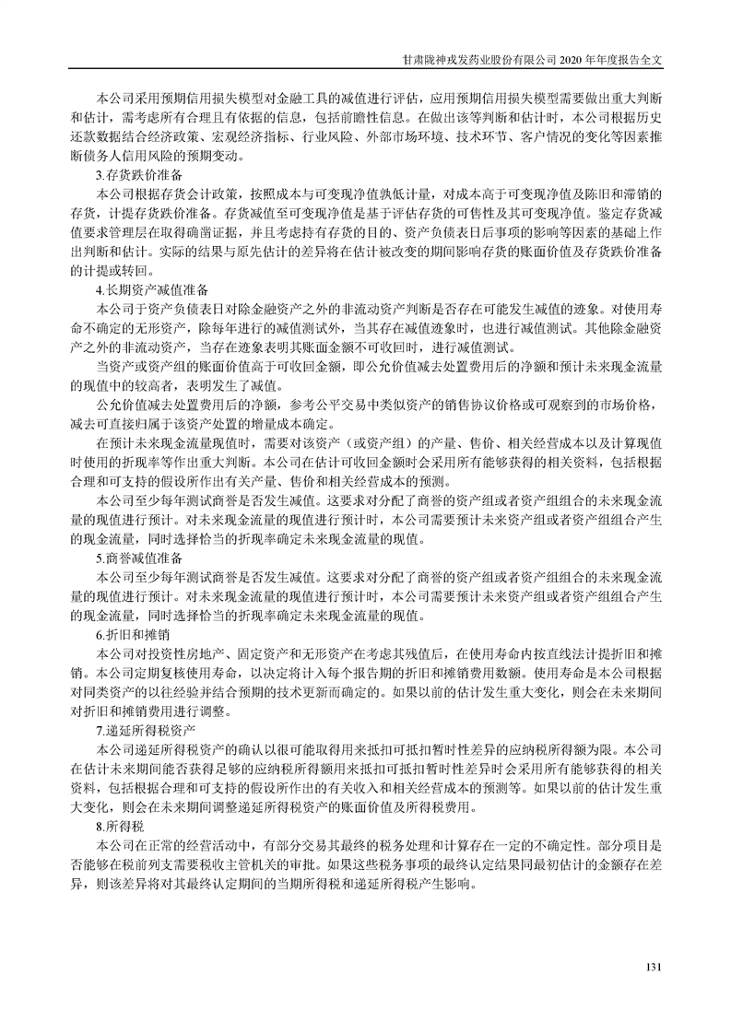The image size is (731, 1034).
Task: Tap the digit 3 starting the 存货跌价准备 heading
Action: (x=99, y=173)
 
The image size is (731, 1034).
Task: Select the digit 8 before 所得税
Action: (x=99, y=826)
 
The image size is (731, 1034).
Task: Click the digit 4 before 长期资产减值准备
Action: (x=99, y=289)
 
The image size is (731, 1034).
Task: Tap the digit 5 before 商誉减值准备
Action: (x=99, y=558)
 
